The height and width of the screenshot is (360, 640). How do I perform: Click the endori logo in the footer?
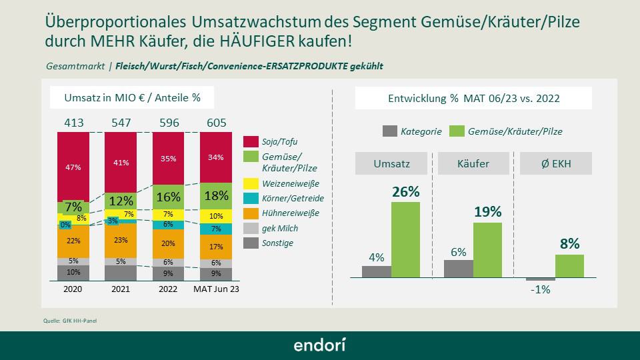pyautogui.click(x=320, y=345)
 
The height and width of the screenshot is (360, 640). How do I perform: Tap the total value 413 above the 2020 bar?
pyautogui.click(x=73, y=123)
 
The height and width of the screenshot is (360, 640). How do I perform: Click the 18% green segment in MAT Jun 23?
pyautogui.click(x=216, y=197)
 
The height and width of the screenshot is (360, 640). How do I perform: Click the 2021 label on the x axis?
pyautogui.click(x=120, y=290)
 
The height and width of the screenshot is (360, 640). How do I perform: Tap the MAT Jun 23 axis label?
pyautogui.click(x=216, y=290)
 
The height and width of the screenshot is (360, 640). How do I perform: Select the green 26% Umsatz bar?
pyautogui.click(x=405, y=239)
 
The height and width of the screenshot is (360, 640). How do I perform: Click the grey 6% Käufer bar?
pyautogui.click(x=458, y=268)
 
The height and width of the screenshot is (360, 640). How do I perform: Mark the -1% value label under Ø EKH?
pyautogui.click(x=540, y=290)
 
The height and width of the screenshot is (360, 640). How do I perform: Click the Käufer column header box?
pyautogui.click(x=473, y=163)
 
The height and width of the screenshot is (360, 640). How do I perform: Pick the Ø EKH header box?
pyautogui.click(x=555, y=163)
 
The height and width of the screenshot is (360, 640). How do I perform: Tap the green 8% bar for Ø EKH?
pyautogui.click(x=569, y=265)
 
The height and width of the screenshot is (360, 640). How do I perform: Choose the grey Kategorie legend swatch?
pyautogui.click(x=389, y=131)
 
